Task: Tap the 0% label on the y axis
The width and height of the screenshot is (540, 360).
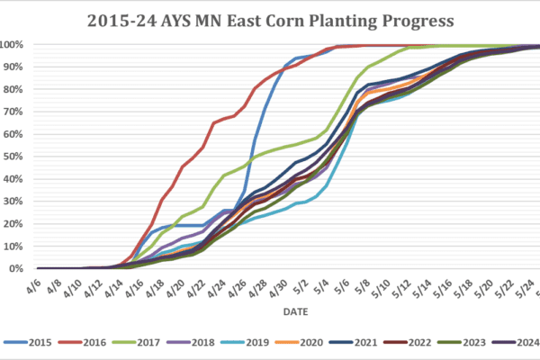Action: pos(16,268)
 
